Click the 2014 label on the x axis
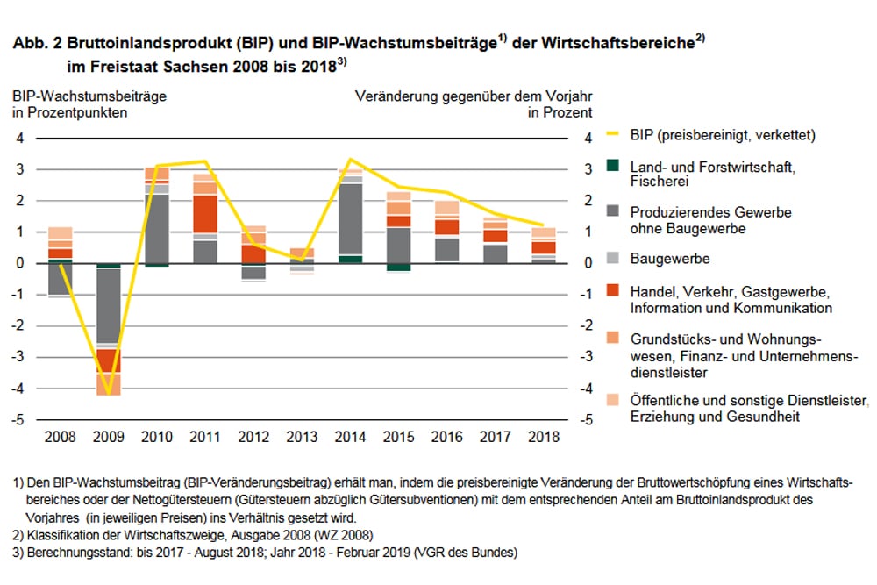click(351, 436)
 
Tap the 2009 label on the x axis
click(108, 436)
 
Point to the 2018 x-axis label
click(544, 436)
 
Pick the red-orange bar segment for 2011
click(205, 213)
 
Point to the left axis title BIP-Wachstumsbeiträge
click(89, 96)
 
